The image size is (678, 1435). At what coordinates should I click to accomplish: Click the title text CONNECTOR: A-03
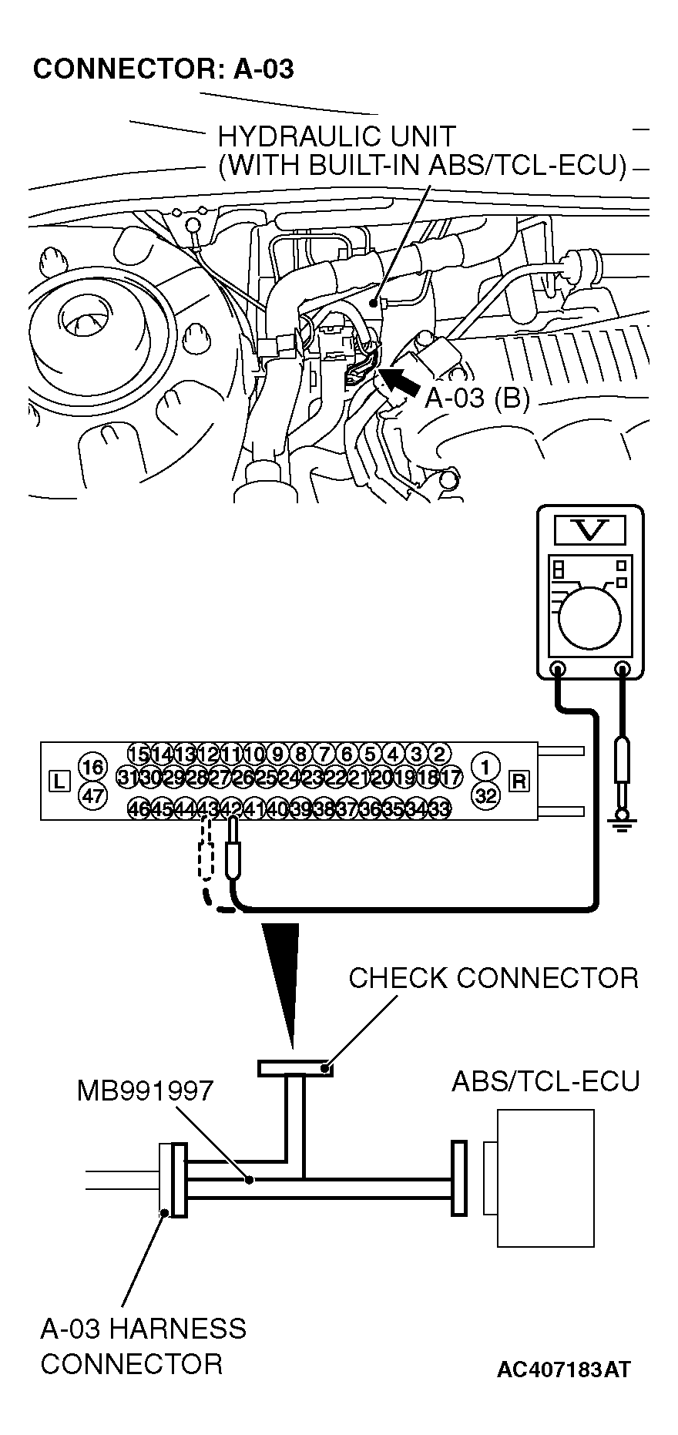pyautogui.click(x=163, y=69)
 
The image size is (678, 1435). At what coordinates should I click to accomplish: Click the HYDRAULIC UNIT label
pyautogui.click(x=337, y=137)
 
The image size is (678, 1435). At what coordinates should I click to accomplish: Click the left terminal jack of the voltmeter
pyautogui.click(x=559, y=668)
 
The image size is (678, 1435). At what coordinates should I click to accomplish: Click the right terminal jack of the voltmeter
pyautogui.click(x=623, y=668)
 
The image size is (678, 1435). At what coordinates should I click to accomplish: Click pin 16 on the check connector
pyautogui.click(x=92, y=768)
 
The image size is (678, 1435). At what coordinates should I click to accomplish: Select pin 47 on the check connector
pyautogui.click(x=92, y=795)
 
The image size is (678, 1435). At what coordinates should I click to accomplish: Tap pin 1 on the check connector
pyautogui.click(x=485, y=767)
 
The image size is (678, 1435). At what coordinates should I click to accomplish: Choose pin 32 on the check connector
pyautogui.click(x=485, y=795)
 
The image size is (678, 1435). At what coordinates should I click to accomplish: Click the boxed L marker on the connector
pyautogui.click(x=59, y=781)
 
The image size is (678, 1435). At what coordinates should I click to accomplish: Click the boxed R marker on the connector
pyautogui.click(x=519, y=781)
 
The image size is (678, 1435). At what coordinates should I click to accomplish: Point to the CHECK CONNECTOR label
pyautogui.click(x=493, y=978)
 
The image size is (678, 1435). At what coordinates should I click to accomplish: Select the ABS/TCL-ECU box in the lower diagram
pyautogui.click(x=545, y=1178)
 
